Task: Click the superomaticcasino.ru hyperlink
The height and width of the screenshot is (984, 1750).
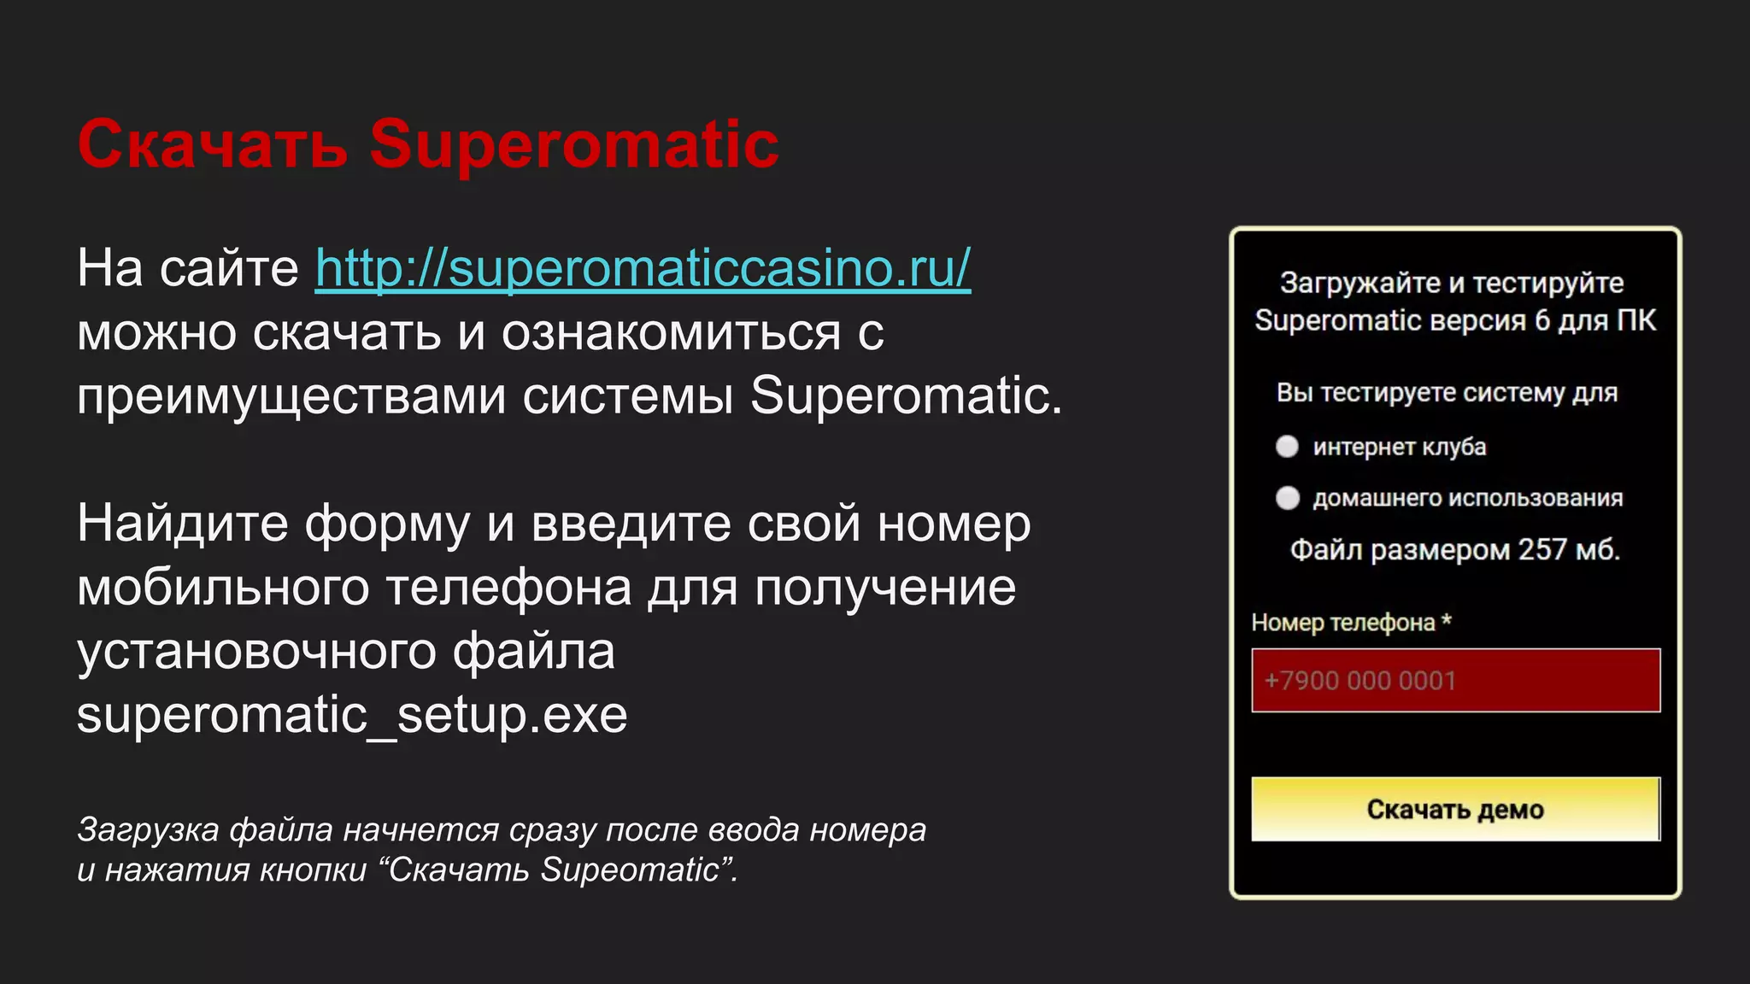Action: (643, 268)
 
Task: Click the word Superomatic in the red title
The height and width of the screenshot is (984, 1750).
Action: (573, 144)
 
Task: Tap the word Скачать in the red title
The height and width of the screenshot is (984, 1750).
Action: (212, 144)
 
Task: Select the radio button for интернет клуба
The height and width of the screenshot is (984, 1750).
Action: (1287, 447)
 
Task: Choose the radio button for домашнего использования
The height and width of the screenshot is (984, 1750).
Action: (1287, 498)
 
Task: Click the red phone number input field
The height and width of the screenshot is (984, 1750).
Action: (1455, 681)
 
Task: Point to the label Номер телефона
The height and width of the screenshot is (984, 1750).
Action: (1342, 623)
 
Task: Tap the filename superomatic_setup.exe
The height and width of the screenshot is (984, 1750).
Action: (352, 715)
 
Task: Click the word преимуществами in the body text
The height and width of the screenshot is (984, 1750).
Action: (291, 396)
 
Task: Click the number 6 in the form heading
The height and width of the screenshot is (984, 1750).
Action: (1542, 321)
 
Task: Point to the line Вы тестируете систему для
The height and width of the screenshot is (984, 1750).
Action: (1447, 393)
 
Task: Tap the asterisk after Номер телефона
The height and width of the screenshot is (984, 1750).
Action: (1446, 620)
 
